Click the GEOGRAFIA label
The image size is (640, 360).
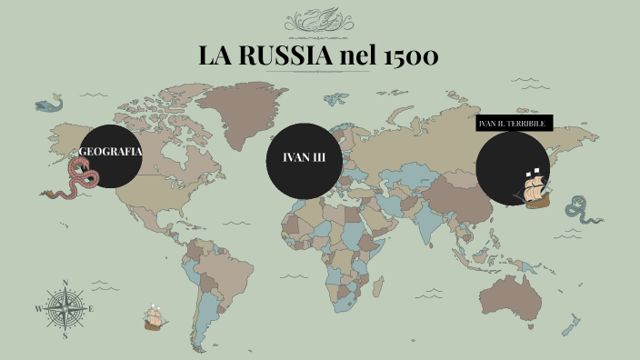[111, 152]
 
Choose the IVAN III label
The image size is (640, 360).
[305, 158]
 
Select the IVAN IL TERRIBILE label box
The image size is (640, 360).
[514, 123]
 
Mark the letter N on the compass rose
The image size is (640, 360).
[65, 283]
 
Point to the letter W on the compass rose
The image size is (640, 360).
[38, 309]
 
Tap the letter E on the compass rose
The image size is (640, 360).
[92, 309]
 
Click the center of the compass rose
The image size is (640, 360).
[65, 309]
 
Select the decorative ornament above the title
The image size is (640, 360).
[319, 22]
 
